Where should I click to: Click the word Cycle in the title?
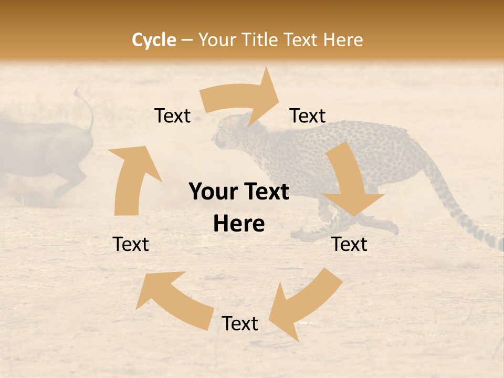154,40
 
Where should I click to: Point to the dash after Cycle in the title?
187,40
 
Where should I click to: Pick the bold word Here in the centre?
239,224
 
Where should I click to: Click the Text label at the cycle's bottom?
240,324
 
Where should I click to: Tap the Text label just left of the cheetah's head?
172,116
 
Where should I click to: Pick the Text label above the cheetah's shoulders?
308,115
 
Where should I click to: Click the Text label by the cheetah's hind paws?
350,244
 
